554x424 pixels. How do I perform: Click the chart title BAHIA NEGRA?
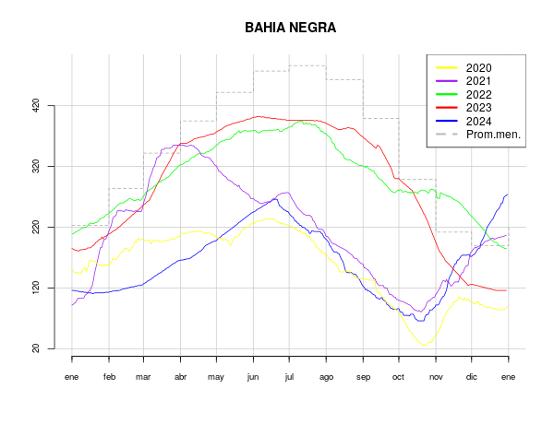[x=290, y=28]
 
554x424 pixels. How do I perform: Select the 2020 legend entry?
[x=478, y=68]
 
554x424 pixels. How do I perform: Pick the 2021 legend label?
[x=478, y=81]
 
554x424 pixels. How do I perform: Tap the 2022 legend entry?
[x=478, y=94]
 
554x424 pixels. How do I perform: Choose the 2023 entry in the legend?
[x=478, y=108]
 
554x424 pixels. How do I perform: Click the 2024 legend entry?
[x=478, y=121]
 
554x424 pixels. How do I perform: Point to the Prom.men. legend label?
[x=493, y=135]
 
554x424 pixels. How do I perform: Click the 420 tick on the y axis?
[x=36, y=105]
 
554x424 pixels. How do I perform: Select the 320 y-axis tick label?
[x=36, y=166]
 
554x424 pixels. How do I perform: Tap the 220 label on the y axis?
[x=36, y=227]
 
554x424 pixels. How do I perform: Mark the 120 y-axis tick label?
[x=36, y=288]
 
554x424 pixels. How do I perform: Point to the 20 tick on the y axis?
[x=36, y=348]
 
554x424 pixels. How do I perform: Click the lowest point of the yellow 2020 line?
[x=425, y=346]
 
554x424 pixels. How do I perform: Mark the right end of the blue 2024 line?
[x=508, y=194]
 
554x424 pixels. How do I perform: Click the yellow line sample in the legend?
[x=447, y=68]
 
